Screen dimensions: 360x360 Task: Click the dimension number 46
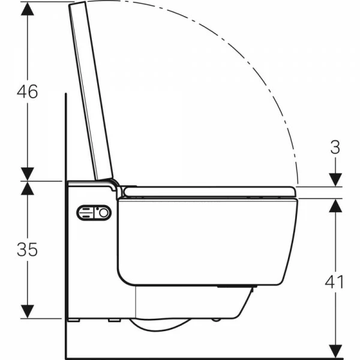[x=28, y=91]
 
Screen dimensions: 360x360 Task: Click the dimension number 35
[x=27, y=250]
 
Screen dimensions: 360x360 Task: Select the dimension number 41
[x=335, y=282]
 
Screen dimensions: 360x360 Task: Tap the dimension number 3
[x=335, y=147]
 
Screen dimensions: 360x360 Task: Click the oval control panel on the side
[x=94, y=213]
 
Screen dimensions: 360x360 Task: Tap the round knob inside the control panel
[x=104, y=213]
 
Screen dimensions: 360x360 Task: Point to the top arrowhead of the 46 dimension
[x=28, y=9]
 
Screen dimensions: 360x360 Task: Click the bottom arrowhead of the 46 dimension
[x=28, y=174]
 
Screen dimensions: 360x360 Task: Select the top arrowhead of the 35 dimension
[x=28, y=188]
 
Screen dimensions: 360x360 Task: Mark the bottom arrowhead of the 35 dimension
[x=28, y=311]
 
